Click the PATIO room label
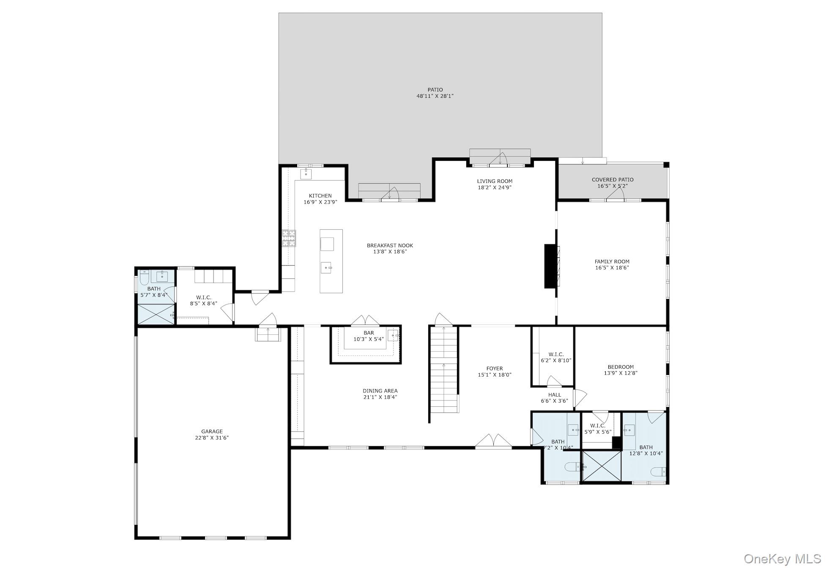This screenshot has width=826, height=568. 435,90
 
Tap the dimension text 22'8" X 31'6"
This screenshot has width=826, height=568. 212,438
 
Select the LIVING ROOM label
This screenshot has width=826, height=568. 495,181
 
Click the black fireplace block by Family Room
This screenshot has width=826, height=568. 550,266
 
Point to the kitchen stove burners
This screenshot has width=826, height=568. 289,238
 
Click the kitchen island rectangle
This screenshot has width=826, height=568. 331,261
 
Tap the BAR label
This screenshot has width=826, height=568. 369,333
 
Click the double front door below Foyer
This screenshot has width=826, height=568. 493,441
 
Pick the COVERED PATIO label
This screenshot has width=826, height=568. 613,180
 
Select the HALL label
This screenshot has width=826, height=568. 555,395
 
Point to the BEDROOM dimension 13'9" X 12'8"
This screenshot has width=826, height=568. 621,373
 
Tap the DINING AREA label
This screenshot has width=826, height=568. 380,391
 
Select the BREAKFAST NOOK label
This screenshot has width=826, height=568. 390,245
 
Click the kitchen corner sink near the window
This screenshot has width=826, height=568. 306,174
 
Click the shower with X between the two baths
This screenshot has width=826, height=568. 602,466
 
